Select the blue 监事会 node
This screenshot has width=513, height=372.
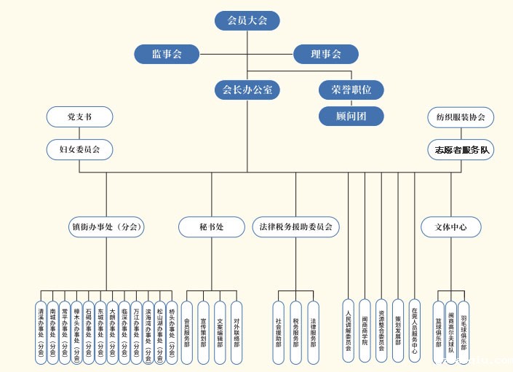167,54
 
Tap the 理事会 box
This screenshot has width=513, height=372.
326,54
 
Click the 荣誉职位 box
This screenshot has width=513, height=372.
351,90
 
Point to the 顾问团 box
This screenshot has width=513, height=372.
351,115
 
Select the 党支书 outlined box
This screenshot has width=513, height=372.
79,116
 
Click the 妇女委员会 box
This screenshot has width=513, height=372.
79,149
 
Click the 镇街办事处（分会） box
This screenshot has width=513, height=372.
106,227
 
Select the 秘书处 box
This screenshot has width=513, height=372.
211,227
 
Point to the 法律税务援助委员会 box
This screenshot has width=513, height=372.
296,227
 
